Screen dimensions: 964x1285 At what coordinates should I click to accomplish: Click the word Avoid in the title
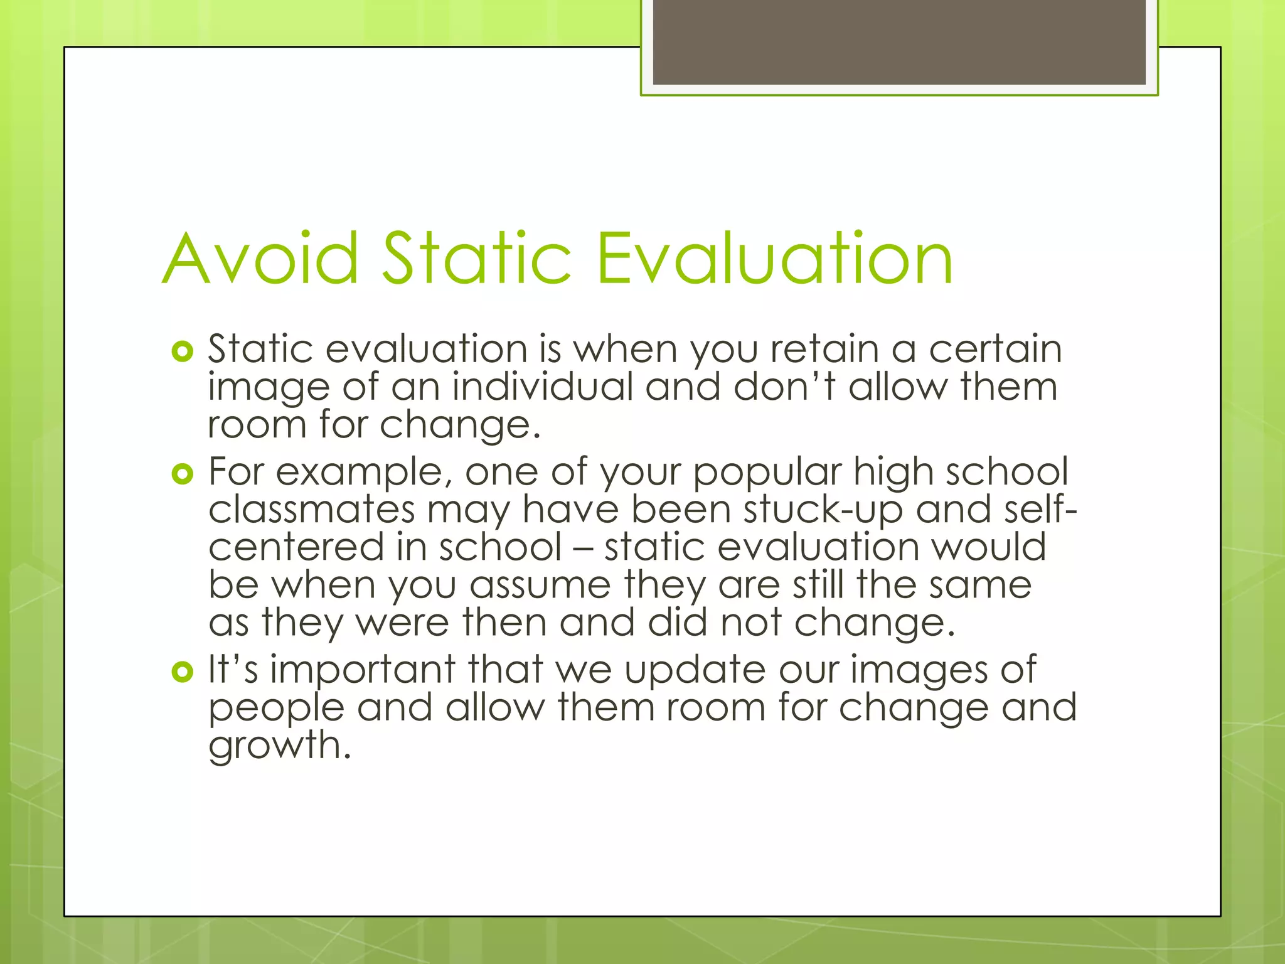tap(261, 259)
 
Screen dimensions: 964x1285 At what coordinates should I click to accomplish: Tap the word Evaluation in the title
tap(776, 259)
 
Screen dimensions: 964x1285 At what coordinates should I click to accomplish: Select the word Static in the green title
tap(477, 259)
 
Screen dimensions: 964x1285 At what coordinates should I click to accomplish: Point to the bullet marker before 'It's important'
tap(182, 672)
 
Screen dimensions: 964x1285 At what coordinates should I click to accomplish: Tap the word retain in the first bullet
tap(824, 349)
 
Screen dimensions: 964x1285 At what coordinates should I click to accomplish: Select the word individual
tap(542, 387)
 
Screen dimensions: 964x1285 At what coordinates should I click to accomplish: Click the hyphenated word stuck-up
tap(823, 510)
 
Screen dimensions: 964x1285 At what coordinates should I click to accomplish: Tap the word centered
tap(296, 547)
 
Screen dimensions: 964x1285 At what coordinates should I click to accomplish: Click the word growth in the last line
tap(279, 747)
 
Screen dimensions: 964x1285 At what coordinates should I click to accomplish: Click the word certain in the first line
tap(995, 349)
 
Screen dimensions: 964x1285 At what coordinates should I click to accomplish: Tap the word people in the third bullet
tap(276, 709)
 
